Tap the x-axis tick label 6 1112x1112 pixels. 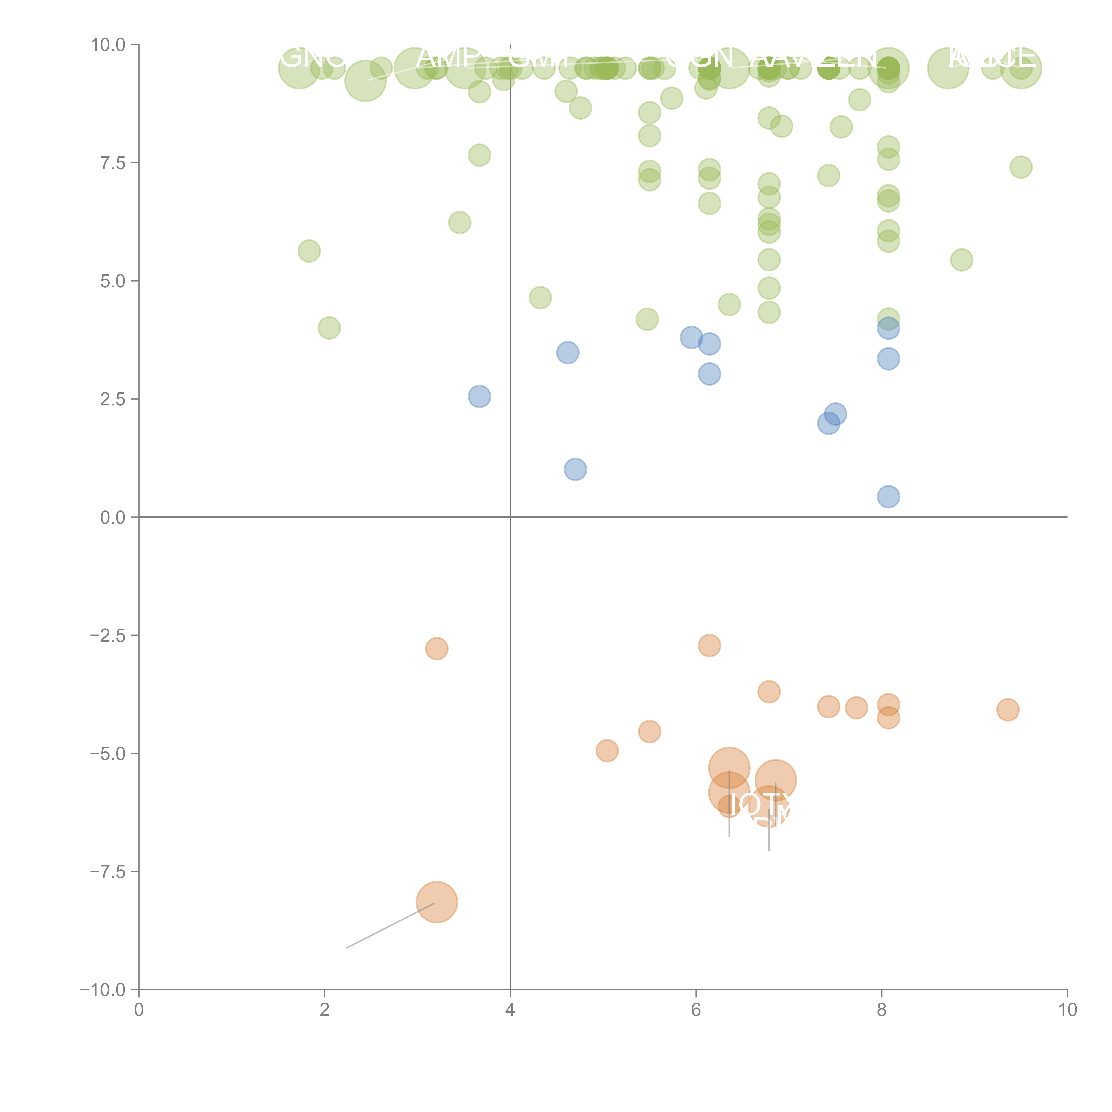click(696, 1010)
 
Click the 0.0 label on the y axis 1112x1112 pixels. click(112, 518)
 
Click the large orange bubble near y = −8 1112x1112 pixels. click(437, 902)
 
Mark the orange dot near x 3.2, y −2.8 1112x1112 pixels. click(437, 649)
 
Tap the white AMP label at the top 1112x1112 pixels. click(449, 58)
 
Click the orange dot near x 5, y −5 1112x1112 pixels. click(607, 751)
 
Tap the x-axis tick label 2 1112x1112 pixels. click(325, 1010)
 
